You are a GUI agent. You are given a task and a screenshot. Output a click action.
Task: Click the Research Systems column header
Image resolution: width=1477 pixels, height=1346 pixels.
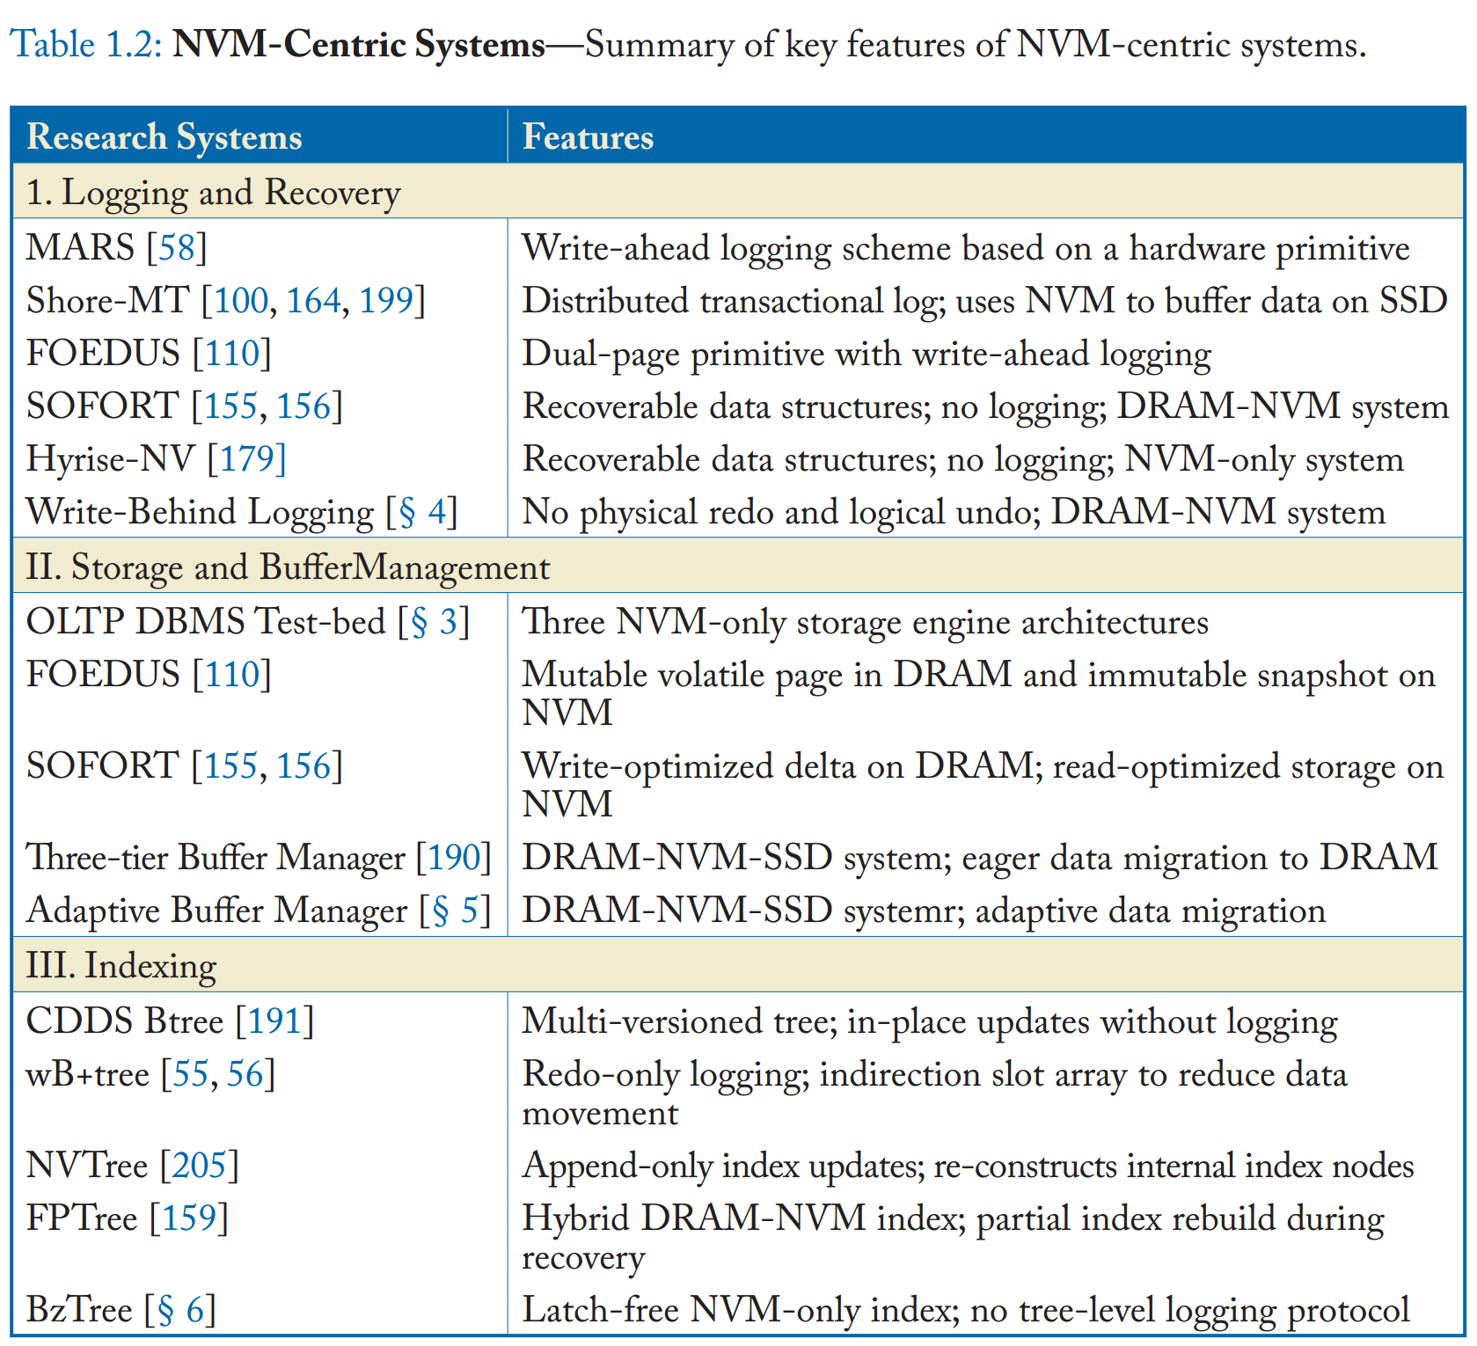click(164, 137)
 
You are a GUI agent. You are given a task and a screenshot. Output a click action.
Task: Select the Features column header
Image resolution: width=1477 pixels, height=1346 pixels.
click(588, 137)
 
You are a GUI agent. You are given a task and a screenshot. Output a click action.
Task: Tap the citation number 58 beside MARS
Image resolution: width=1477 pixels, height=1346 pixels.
click(176, 248)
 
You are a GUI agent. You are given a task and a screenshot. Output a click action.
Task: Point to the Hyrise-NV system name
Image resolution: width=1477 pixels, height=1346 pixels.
click(111, 459)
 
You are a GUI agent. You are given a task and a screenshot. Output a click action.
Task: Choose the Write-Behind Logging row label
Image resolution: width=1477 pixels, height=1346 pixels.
click(200, 512)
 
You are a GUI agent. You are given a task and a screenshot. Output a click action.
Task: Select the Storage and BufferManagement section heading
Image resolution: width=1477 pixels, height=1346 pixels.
click(288, 567)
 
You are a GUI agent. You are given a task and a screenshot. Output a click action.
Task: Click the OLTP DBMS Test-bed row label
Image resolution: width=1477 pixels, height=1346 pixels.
click(206, 622)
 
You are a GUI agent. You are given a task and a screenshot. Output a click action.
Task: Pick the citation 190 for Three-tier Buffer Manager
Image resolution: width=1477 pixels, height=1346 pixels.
click(453, 858)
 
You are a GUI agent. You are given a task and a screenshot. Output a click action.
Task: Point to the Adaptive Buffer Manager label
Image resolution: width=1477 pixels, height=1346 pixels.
click(217, 911)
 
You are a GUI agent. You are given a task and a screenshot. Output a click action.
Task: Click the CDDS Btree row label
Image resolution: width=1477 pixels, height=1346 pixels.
click(125, 1021)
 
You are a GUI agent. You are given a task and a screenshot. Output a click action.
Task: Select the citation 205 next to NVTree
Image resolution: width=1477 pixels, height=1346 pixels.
click(199, 1166)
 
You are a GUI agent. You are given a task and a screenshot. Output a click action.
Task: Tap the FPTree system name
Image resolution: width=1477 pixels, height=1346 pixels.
click(82, 1218)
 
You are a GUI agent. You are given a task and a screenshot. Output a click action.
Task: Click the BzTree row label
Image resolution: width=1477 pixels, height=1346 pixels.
click(79, 1310)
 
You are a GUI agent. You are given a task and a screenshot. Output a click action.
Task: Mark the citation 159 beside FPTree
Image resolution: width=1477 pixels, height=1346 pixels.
click(188, 1218)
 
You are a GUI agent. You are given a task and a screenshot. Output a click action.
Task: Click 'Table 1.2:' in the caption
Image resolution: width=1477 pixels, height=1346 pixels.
click(86, 44)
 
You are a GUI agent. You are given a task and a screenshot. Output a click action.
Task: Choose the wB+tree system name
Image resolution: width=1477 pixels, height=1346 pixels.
click(87, 1074)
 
